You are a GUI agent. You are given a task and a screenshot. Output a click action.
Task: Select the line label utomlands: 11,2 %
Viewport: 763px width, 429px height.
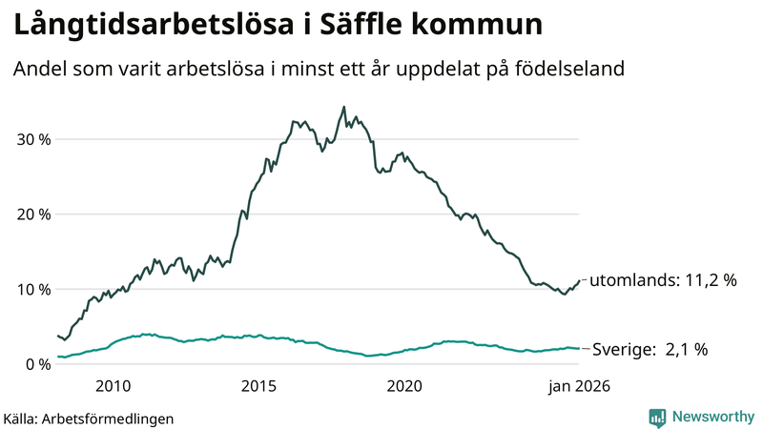(664, 281)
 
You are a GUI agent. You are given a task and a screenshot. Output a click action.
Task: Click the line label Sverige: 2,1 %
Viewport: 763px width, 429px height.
(650, 350)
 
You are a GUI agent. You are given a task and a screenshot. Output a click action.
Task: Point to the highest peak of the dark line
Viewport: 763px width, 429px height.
(343, 107)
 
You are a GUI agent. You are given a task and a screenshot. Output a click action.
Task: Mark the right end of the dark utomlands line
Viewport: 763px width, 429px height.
(579, 280)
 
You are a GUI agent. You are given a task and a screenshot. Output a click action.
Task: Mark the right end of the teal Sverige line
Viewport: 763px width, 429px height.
(579, 349)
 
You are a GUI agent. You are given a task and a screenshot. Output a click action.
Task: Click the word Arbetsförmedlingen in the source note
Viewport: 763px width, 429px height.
(113, 418)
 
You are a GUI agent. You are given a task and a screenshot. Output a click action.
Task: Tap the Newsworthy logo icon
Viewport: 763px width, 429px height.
(657, 417)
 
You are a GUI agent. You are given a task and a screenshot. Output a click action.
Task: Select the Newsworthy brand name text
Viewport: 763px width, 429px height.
(711, 417)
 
